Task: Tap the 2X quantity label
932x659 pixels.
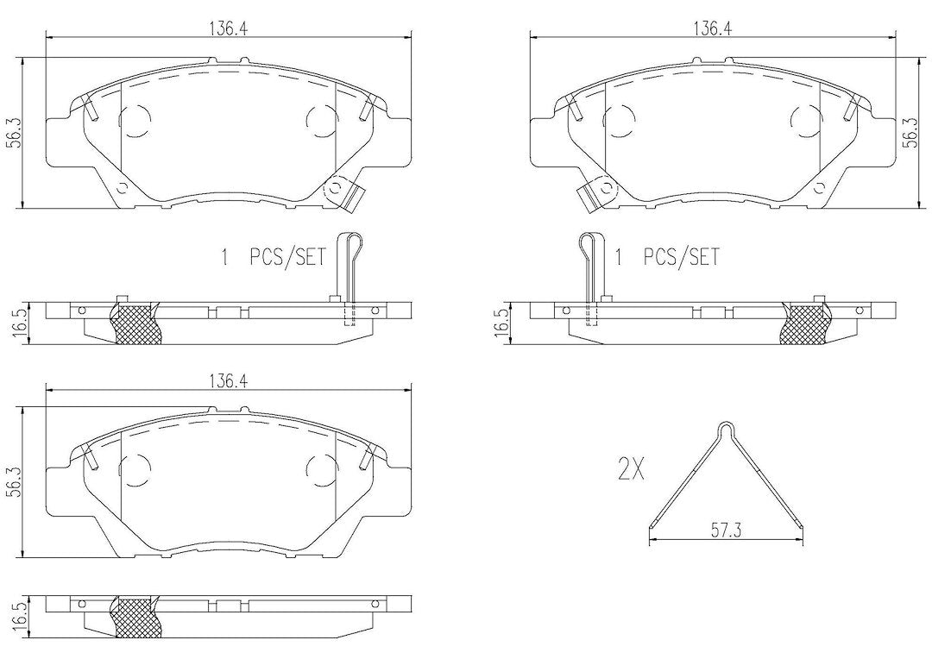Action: tap(631, 471)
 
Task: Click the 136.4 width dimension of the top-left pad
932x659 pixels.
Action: tap(229, 28)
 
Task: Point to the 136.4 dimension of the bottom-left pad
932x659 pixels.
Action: tap(229, 383)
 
